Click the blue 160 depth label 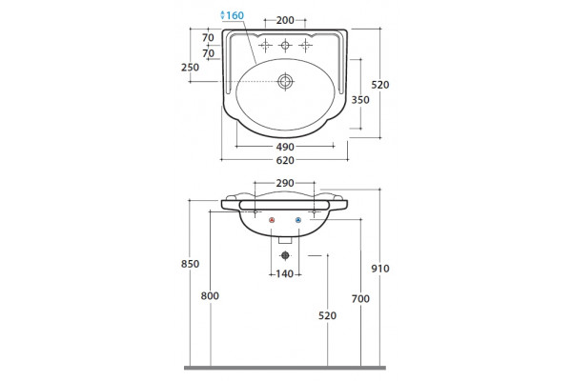coord(235,15)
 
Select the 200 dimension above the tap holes coord(285,20)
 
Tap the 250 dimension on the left coord(190,67)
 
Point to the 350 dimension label coord(360,99)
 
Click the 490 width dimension coord(285,147)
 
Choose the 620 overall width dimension coord(285,160)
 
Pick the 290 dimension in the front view coord(285,183)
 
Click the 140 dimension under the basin coord(285,273)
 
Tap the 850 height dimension coord(190,264)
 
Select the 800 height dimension coord(210,295)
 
